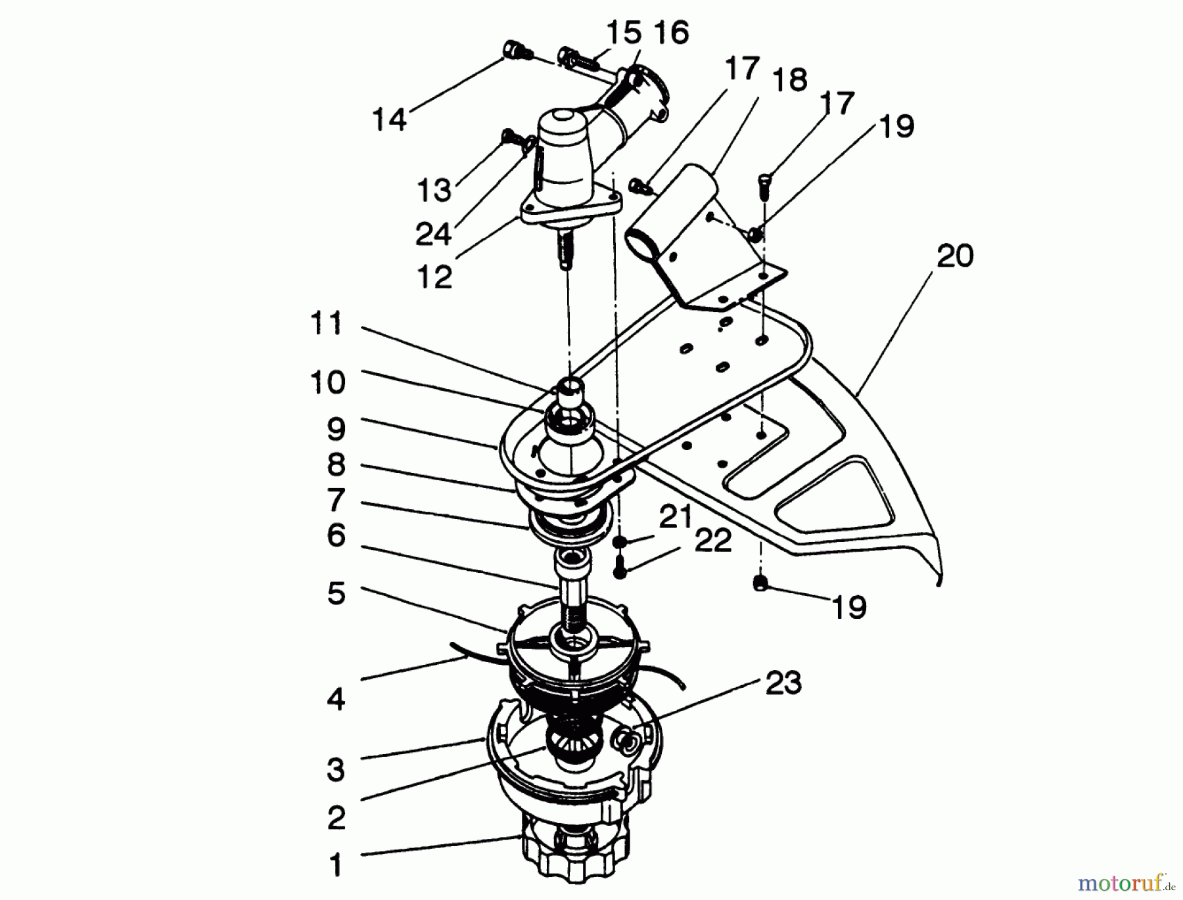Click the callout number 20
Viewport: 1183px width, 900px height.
(x=954, y=256)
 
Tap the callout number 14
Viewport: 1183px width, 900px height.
(x=389, y=120)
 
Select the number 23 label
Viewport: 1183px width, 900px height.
(x=783, y=683)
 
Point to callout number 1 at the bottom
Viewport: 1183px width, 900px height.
(x=336, y=865)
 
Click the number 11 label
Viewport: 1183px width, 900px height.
(x=327, y=324)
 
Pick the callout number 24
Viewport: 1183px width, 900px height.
(x=433, y=234)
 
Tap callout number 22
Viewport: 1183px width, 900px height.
(x=713, y=541)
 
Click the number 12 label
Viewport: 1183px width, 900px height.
(x=434, y=277)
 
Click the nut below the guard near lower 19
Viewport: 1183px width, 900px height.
(x=762, y=583)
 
